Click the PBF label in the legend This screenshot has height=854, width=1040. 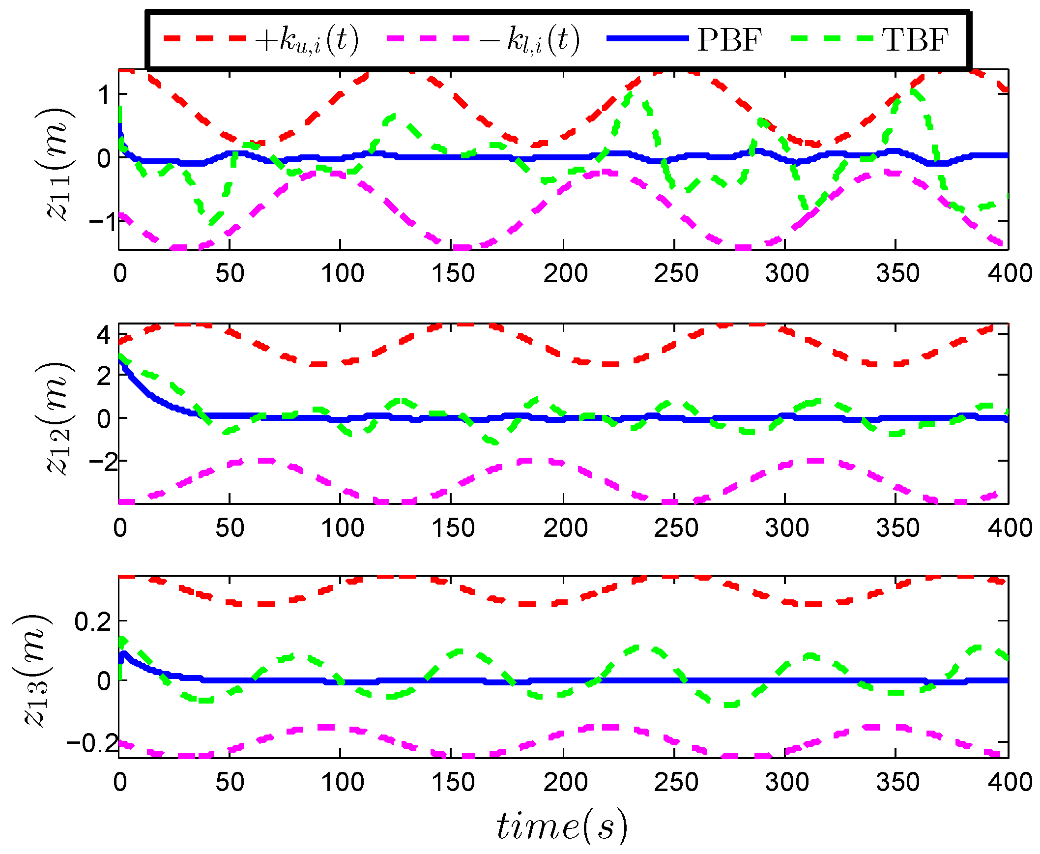point(729,39)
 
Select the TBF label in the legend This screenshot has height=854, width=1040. point(915,39)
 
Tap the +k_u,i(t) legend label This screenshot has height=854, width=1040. point(307,39)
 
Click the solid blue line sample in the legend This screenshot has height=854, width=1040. point(647,38)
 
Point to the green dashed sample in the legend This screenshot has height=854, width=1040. point(832,38)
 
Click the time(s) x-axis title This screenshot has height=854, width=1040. point(562,826)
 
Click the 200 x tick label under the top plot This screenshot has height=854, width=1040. point(565,273)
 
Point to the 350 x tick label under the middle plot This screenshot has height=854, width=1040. point(897,528)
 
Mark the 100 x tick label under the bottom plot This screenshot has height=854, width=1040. point(342,782)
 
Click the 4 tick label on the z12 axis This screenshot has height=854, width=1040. point(104,335)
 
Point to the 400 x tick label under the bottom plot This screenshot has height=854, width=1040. point(1010,782)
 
